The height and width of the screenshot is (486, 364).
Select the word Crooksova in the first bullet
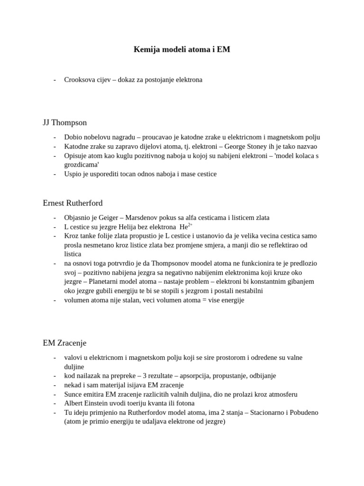click(x=79, y=80)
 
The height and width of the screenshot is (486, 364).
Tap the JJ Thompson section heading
click(x=65, y=122)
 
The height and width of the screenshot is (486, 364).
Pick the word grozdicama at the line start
click(x=82, y=165)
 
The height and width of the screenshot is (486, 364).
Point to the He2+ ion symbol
click(x=185, y=226)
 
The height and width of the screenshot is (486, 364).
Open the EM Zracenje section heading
click(x=64, y=343)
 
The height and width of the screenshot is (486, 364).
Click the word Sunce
click(x=74, y=394)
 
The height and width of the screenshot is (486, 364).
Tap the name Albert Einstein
click(x=87, y=403)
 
